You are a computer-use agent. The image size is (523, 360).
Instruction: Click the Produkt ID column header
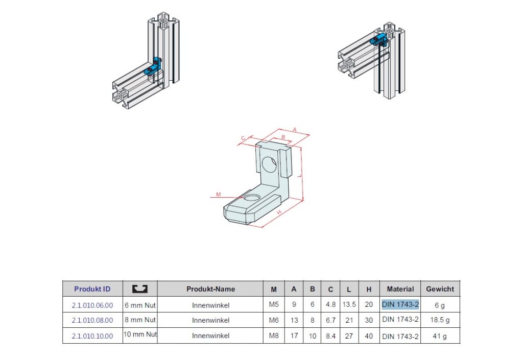[92, 289]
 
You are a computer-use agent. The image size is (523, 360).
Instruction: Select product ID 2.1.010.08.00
[92, 320]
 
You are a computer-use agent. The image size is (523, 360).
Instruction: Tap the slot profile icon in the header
[140, 289]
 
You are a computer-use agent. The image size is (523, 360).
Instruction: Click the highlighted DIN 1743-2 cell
[400, 304]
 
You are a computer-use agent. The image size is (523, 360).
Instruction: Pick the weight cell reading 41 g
[440, 337]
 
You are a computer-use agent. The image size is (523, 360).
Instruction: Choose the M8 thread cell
[274, 335]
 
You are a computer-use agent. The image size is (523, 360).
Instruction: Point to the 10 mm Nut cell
[140, 334]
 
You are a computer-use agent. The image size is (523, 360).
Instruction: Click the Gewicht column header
[440, 289]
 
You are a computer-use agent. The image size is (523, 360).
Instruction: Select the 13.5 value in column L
[349, 304]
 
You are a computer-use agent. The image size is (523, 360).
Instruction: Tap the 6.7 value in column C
[330, 320]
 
